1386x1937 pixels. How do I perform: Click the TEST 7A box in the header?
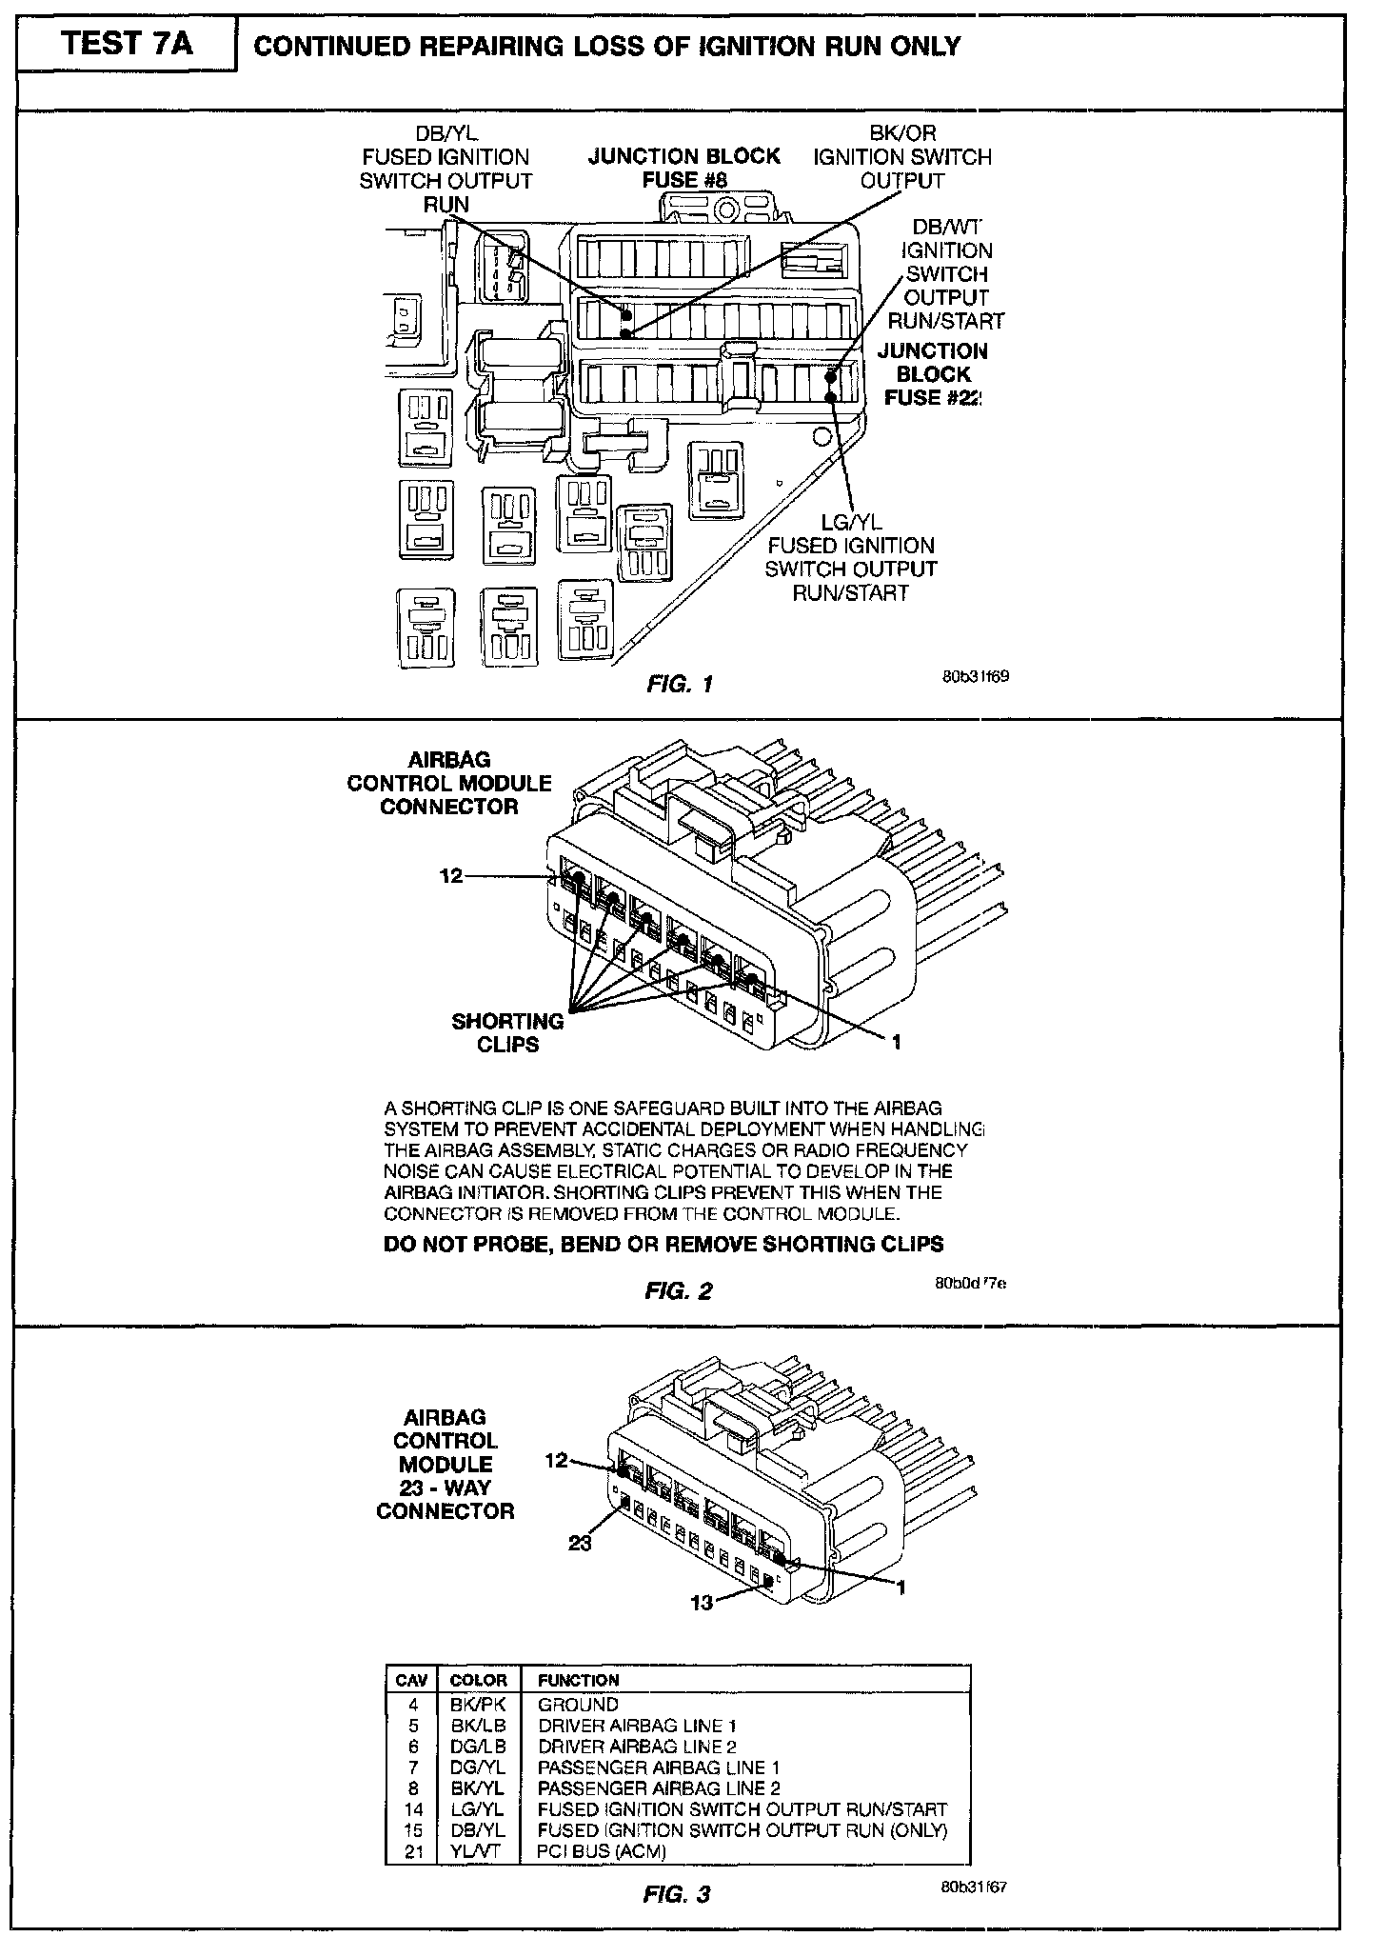click(126, 45)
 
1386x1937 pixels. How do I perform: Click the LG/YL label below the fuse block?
click(851, 522)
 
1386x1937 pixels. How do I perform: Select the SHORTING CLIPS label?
click(507, 1032)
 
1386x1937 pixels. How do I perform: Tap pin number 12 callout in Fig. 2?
click(451, 875)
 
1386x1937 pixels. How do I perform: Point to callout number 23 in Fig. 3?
click(580, 1543)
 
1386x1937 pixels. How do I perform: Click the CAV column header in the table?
click(412, 1681)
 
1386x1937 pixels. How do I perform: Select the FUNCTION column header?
click(578, 1681)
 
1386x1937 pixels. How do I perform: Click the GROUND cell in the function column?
click(578, 1705)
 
